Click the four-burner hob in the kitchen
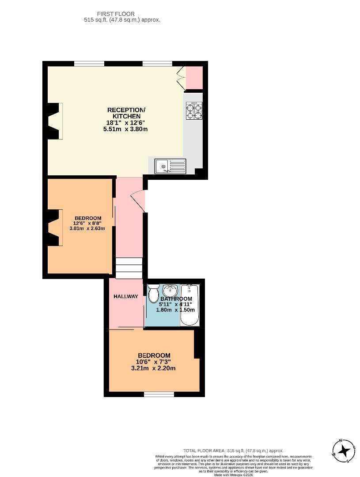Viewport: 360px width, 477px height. [x=194, y=110]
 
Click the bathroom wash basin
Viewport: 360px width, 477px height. [x=170, y=291]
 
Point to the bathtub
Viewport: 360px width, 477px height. [x=190, y=305]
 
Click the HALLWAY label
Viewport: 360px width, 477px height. [x=126, y=297]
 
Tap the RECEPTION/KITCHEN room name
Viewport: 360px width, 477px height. [x=126, y=113]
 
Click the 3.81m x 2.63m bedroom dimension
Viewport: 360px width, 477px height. [x=87, y=228]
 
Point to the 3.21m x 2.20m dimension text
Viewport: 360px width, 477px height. [x=154, y=368]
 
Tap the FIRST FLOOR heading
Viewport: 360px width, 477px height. [x=116, y=14]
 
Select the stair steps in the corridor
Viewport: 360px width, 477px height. [x=129, y=268]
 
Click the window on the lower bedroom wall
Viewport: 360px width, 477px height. [x=159, y=394]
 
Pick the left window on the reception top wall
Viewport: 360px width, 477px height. [x=89, y=64]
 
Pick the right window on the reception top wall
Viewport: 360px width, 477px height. [x=157, y=64]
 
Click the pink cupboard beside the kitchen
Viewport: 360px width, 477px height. [x=194, y=78]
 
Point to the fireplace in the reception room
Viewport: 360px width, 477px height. [x=55, y=121]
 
